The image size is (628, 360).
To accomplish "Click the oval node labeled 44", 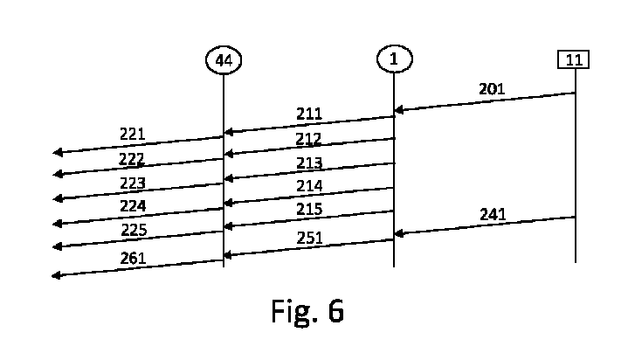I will pos(223,59).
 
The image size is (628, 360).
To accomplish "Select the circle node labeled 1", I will pos(394,59).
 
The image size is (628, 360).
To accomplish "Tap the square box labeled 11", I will pos(574,59).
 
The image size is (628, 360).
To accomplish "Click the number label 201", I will pos(492,89).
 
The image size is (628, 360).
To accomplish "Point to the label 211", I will pos(308,114).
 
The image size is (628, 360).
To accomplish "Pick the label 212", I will pos(308,139).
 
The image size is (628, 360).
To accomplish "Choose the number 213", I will pos(308,163).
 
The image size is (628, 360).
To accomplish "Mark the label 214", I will pos(308,186).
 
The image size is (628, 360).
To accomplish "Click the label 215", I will pos(308,210).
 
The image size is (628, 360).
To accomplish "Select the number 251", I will pos(308,238).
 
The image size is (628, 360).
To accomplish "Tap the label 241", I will pos(493,214).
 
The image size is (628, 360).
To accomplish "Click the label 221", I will pos(133,134).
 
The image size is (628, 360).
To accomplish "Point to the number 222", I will pos(133,159).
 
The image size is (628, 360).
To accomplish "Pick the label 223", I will pos(133,183).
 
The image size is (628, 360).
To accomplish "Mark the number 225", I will pos(133,231).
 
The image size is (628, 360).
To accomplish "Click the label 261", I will pos(133,258).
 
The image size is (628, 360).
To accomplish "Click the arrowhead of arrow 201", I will pos(398,110).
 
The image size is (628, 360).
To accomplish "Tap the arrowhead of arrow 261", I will pos(57,275).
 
